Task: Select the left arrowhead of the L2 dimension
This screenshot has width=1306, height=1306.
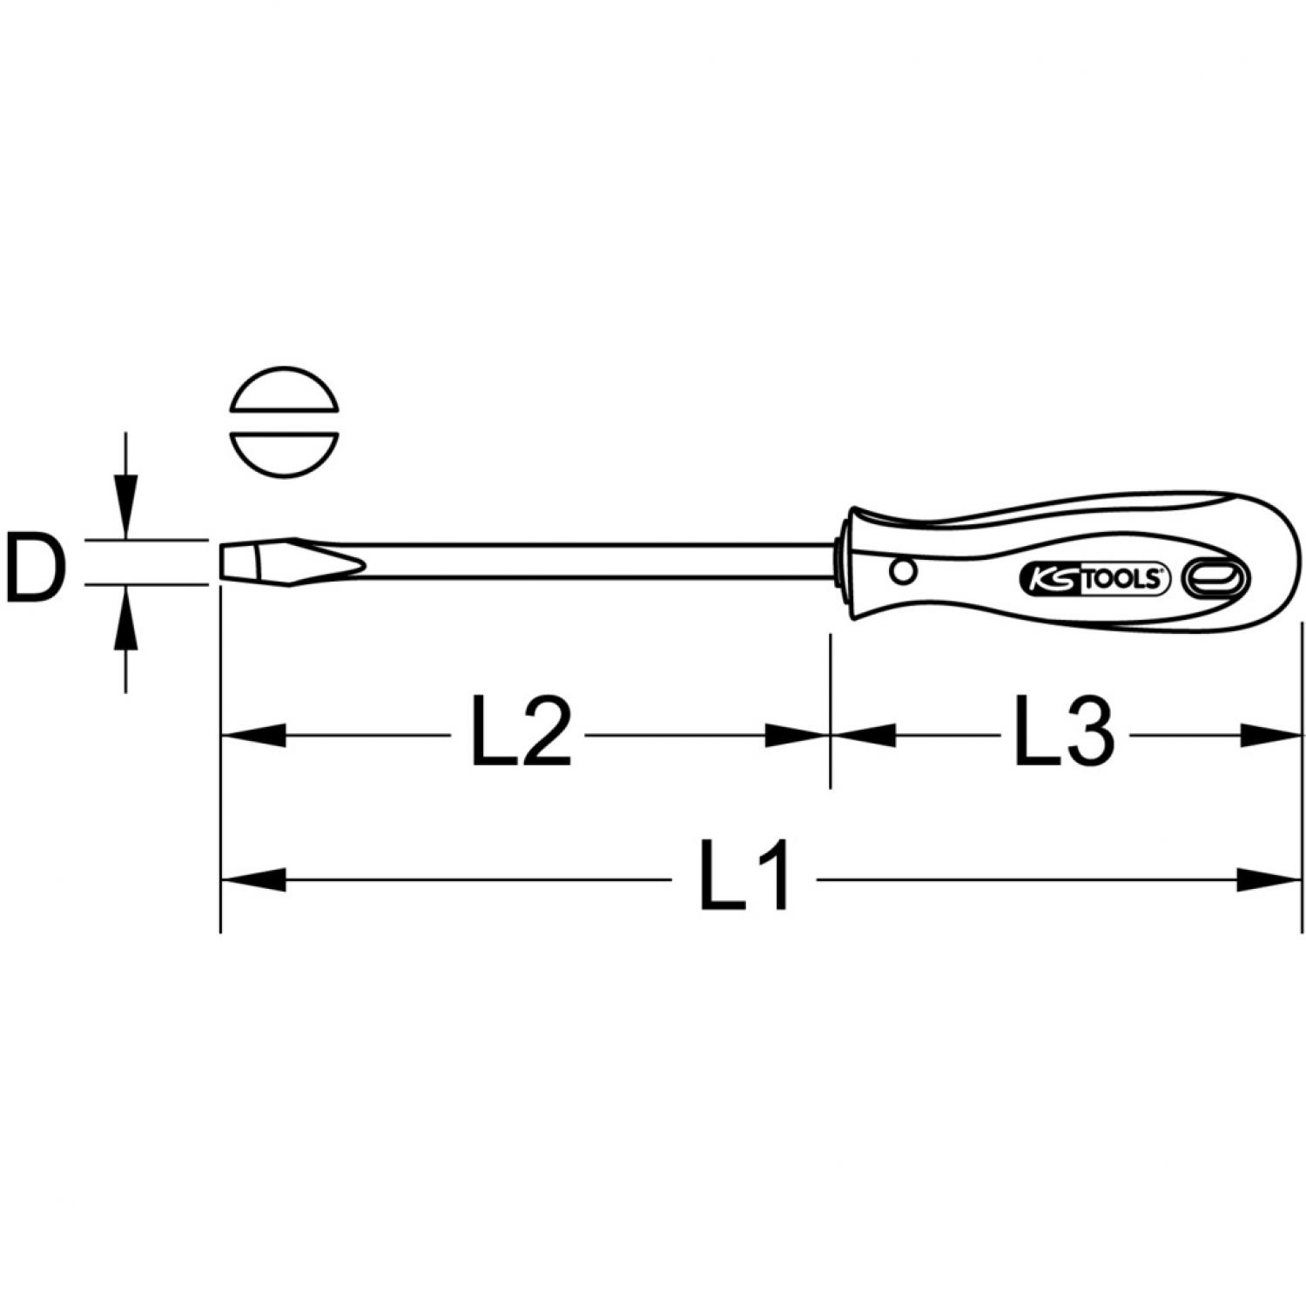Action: (253, 734)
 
